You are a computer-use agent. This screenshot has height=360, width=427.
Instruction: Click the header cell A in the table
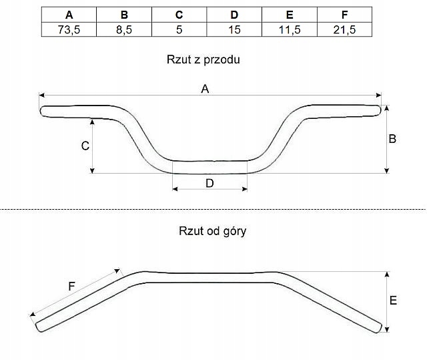point(69,15)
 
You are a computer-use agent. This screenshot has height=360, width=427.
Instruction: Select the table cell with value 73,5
point(69,29)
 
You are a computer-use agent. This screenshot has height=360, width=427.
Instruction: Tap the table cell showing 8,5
point(124,29)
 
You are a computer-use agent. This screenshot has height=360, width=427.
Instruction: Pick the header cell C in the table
point(179,15)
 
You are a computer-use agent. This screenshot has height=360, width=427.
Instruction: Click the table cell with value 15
point(234,29)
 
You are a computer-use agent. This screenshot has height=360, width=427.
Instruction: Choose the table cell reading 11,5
point(290,29)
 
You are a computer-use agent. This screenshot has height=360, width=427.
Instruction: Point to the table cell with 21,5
point(344,29)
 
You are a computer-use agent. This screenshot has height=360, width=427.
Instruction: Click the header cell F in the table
point(344,15)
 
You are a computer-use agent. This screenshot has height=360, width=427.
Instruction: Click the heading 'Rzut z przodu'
point(203,59)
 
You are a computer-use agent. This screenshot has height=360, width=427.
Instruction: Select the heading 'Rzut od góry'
point(213,232)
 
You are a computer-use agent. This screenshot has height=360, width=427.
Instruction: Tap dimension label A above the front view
point(205,89)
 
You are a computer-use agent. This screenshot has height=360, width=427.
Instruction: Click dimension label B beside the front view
point(392,139)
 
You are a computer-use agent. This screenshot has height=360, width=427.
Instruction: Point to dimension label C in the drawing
point(85,146)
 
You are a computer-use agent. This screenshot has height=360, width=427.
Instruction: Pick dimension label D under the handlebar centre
point(209,183)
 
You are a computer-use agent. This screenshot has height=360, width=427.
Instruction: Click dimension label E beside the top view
point(393,301)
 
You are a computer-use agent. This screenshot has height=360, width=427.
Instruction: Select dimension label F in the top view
point(72,286)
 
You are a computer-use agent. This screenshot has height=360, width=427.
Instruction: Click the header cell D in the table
point(234,15)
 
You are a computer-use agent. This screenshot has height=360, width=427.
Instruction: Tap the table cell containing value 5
point(179,29)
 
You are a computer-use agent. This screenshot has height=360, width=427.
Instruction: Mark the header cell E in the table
point(290,15)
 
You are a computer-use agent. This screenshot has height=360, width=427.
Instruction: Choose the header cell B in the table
point(124,15)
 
